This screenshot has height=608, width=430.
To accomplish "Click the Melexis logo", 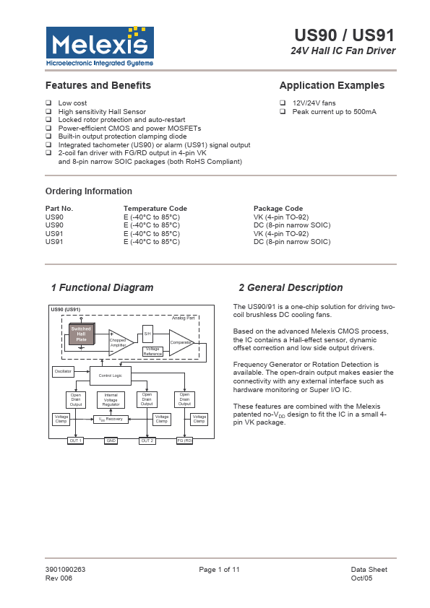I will tap(100, 46).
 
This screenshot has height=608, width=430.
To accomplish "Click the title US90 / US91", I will tap(344, 36).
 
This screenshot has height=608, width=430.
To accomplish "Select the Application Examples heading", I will tap(332, 85).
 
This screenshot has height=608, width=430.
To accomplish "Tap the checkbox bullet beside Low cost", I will tap(48, 103).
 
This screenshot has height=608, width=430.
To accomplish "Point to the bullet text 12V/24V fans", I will tap(314, 103).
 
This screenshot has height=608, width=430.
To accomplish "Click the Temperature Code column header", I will tap(155, 208).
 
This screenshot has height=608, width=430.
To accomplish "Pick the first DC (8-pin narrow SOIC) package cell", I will tap(292, 225).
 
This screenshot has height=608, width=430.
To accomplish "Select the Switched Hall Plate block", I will tap(81, 334).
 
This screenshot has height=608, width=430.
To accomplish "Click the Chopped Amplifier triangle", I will tap(119, 342).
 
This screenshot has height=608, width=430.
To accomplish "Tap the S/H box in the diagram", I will tap(147, 333).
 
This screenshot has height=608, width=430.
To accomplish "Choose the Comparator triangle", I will tap(181, 342).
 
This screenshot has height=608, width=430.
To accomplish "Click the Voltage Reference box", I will tap(152, 351).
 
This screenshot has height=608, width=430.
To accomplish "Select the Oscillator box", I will tap(63, 371).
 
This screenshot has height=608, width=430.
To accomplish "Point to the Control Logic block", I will tap(111, 375).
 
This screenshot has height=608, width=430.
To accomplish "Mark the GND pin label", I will tap(111, 440).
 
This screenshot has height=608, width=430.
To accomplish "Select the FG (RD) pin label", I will tap(184, 440).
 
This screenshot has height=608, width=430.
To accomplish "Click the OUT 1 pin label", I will tap(75, 440).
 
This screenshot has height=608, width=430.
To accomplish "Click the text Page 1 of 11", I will tap(219, 570).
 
